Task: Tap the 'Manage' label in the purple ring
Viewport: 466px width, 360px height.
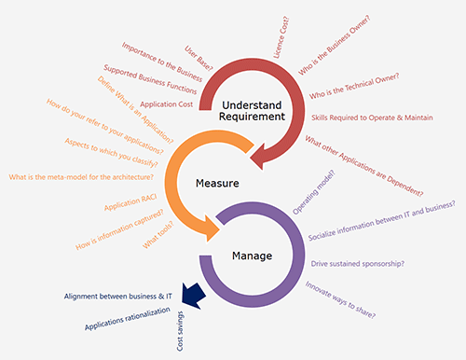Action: [x=253, y=256]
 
